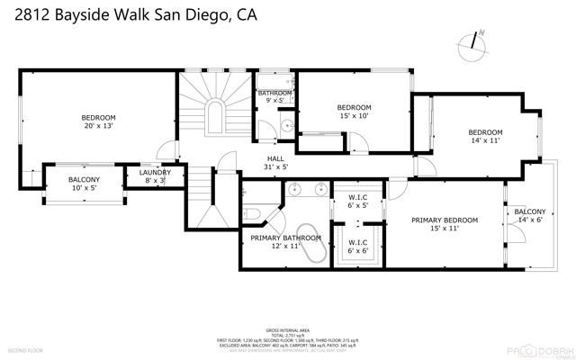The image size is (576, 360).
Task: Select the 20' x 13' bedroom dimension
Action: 98,126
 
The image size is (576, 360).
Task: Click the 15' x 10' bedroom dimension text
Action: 354,115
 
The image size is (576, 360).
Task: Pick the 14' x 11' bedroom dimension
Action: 485,140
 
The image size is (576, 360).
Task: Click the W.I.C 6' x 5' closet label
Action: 357,201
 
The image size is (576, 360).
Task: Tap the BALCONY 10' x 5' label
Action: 85,184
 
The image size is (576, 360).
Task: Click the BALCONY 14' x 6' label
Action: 528,215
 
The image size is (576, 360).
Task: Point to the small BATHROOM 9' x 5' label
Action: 274,97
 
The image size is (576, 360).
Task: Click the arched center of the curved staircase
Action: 217,116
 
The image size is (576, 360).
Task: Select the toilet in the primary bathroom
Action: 253,213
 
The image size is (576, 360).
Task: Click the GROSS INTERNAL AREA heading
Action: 285,329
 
